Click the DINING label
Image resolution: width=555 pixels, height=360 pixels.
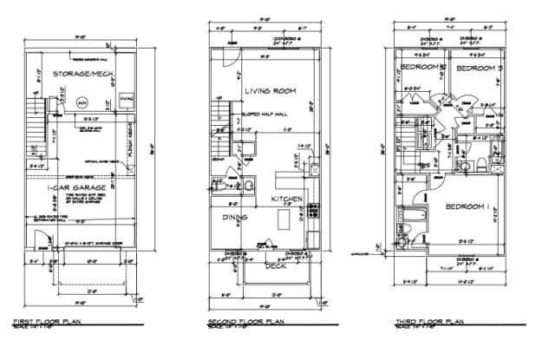(235, 217)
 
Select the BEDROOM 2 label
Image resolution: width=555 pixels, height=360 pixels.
(422, 68)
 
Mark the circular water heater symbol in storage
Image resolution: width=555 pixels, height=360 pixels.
(82, 101)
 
